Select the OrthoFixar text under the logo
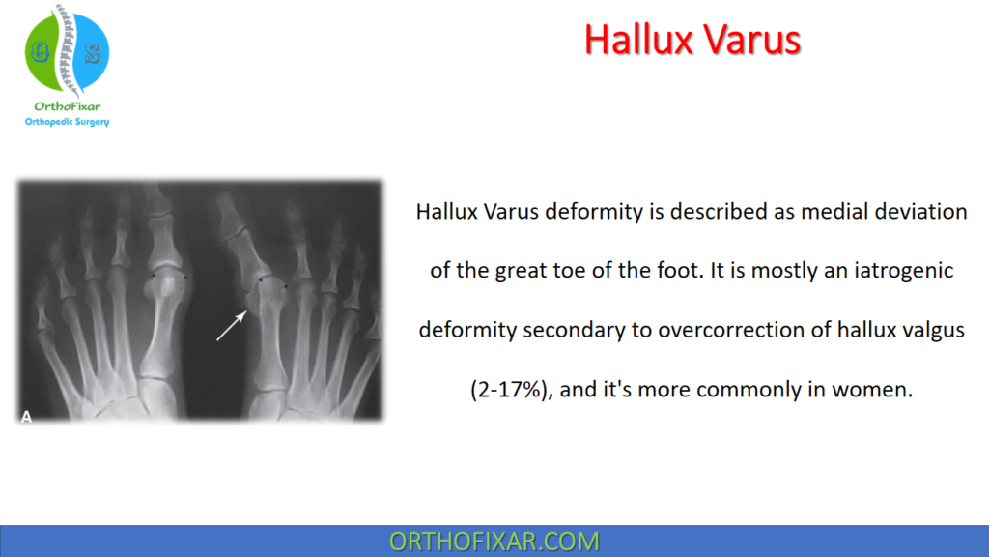pyautogui.click(x=67, y=106)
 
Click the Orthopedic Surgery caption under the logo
pyautogui.click(x=67, y=122)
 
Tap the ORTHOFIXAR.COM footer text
pyautogui.click(x=494, y=542)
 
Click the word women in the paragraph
pyautogui.click(x=874, y=391)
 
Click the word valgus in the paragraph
pyautogui.click(x=926, y=331)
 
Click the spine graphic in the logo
pyautogui.click(x=66, y=48)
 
